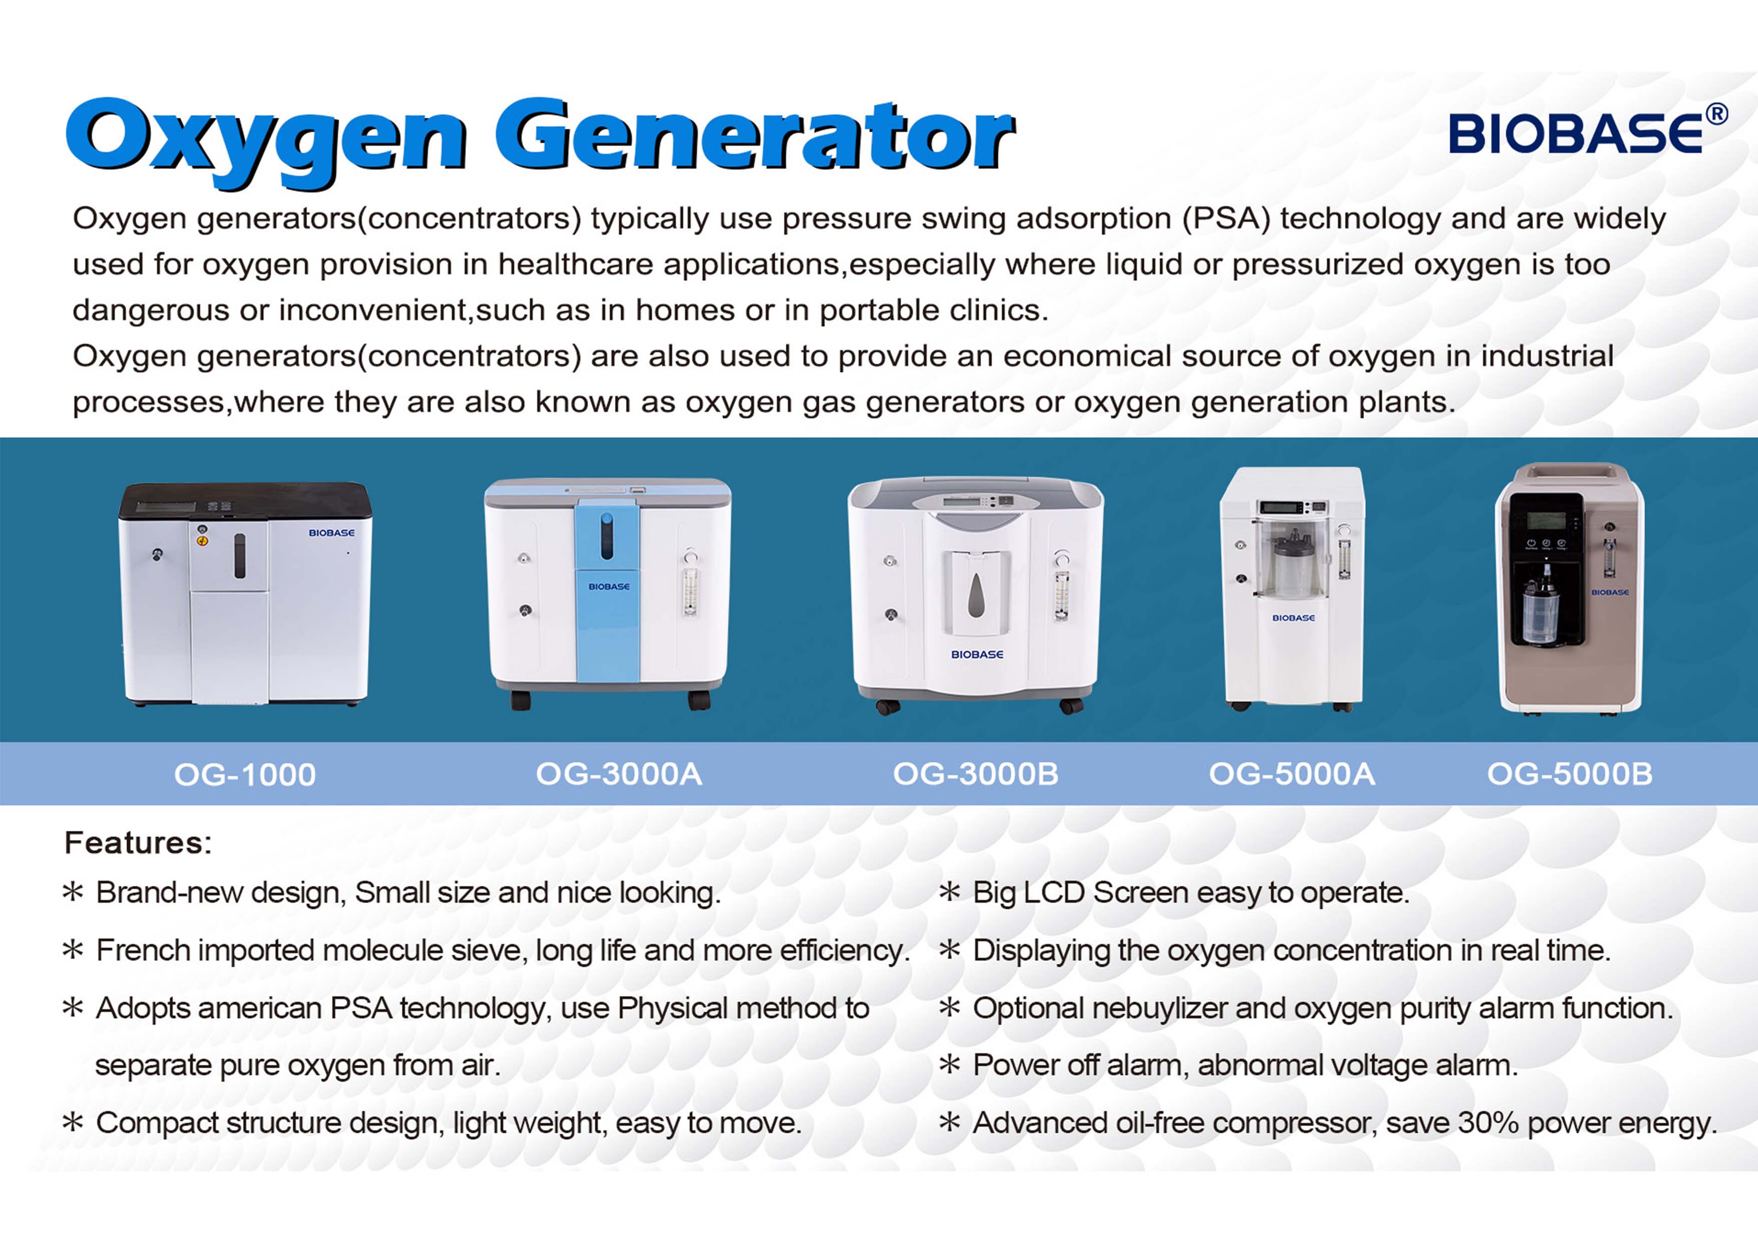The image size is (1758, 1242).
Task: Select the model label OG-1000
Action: click(x=245, y=774)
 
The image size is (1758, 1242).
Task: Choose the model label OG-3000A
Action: click(x=619, y=774)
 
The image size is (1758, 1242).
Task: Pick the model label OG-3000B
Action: click(x=976, y=774)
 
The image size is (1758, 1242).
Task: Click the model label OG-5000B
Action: click(x=1570, y=774)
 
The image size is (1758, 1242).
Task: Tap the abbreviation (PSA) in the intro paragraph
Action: click(x=1226, y=219)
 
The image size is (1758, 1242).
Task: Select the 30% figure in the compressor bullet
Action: click(x=1488, y=1123)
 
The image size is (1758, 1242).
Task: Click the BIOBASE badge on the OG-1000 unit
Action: click(x=332, y=533)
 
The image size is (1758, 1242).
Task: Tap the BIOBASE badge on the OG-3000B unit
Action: click(x=977, y=654)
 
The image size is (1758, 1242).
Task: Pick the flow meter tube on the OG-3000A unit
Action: click(x=690, y=589)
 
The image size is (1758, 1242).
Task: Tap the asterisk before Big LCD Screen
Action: click(x=950, y=891)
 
